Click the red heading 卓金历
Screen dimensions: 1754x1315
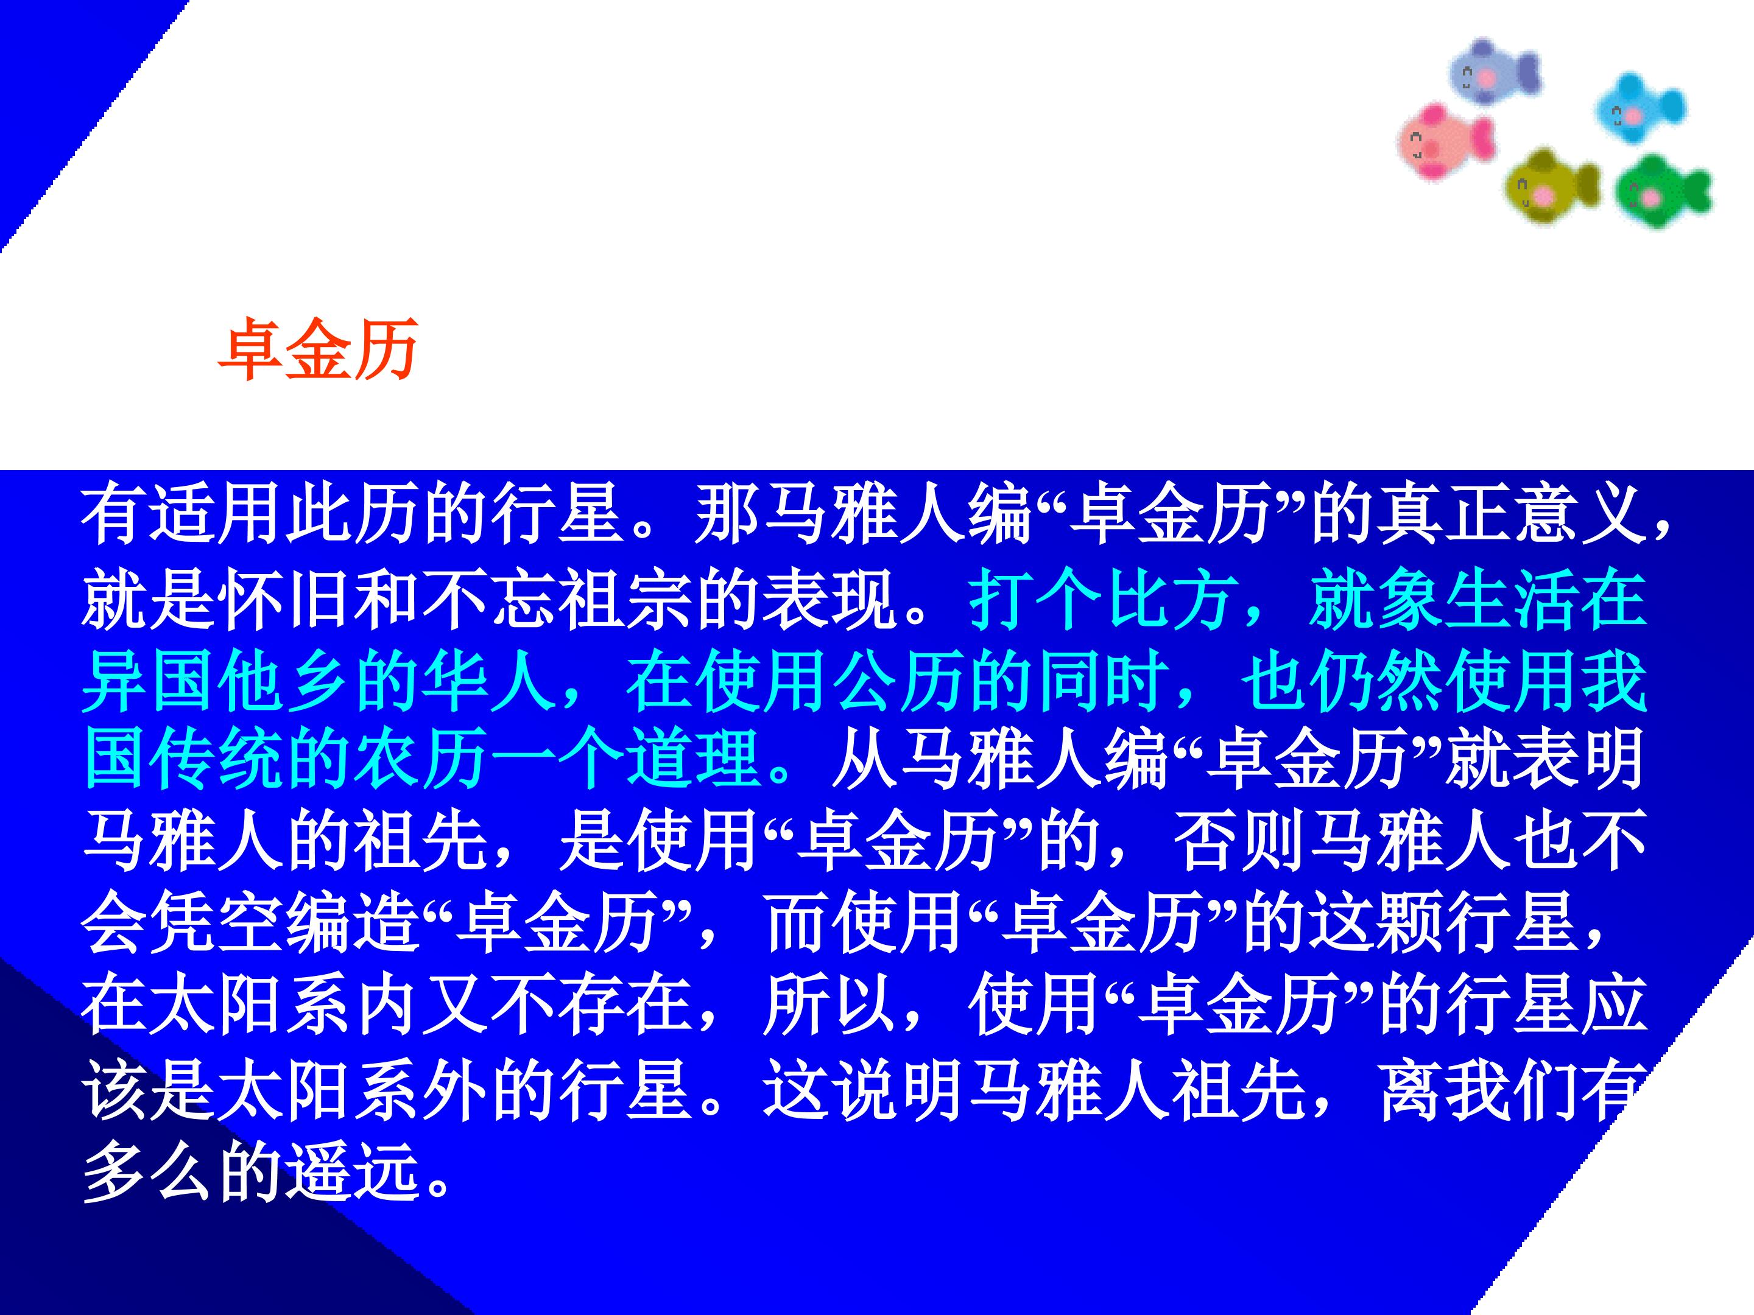(319, 349)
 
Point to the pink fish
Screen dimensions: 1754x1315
(1445, 141)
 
